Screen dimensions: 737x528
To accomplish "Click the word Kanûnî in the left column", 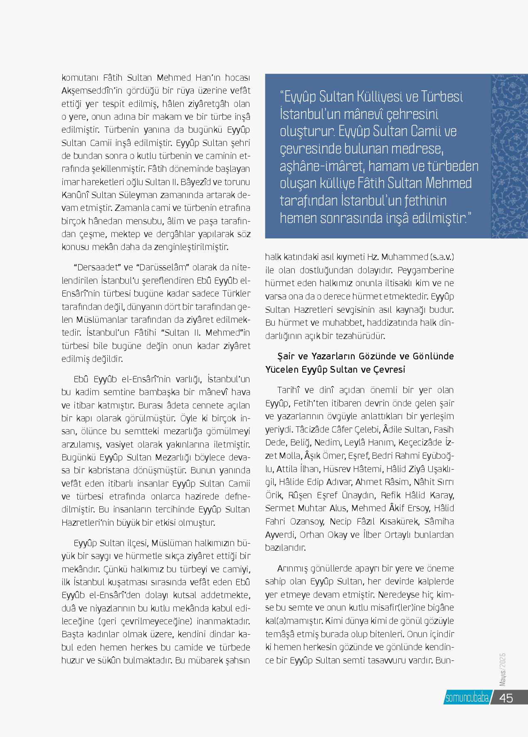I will click(x=75, y=195).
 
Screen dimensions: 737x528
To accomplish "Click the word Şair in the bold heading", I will click(x=286, y=356).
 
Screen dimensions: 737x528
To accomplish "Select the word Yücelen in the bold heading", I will click(x=281, y=369).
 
